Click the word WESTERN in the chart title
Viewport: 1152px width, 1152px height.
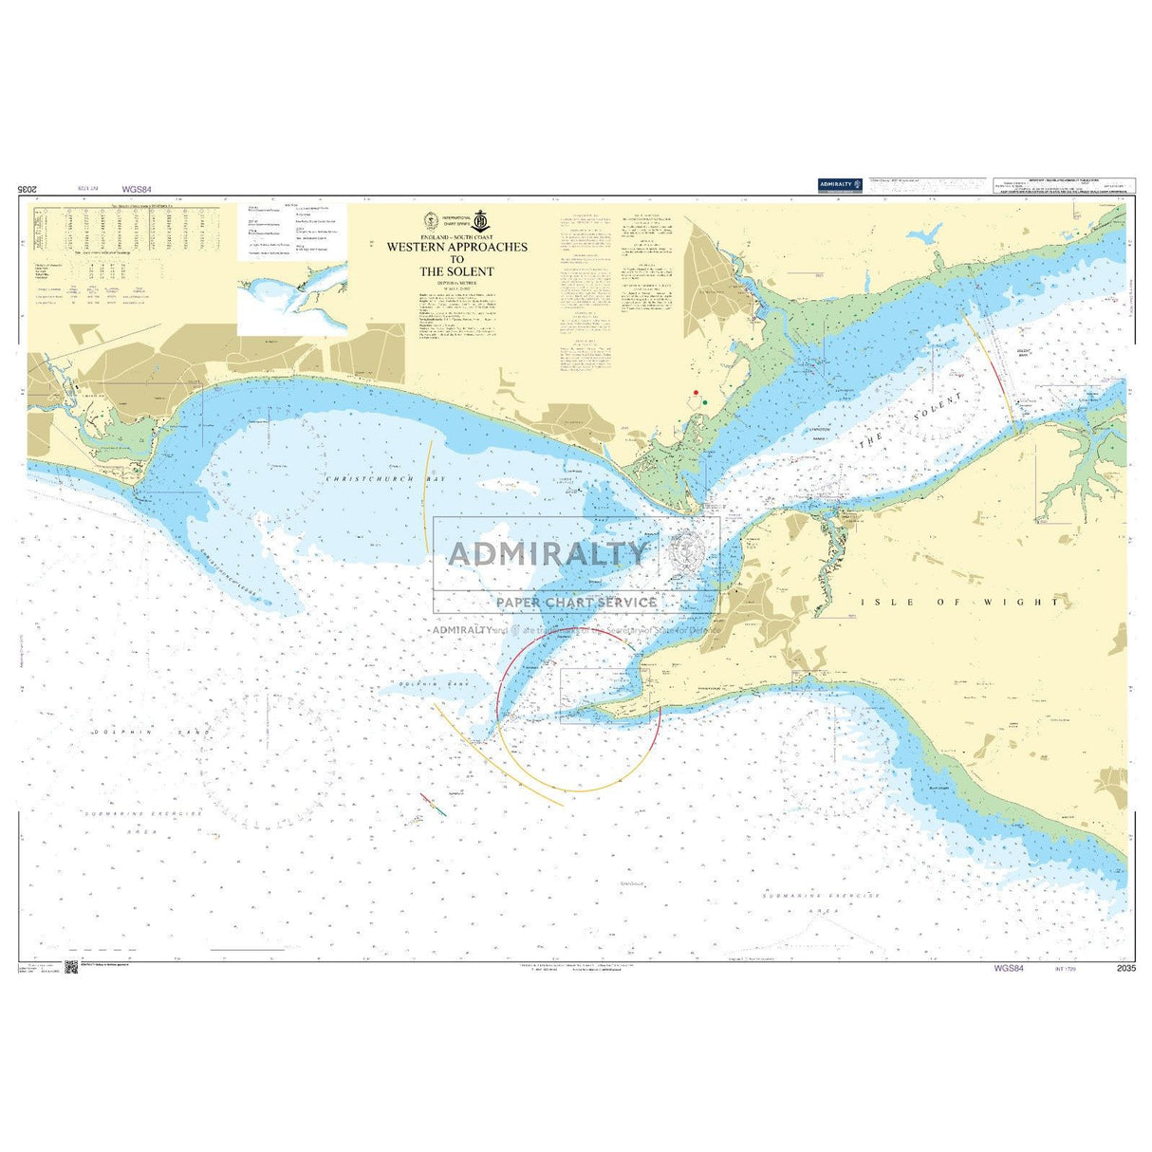click(418, 247)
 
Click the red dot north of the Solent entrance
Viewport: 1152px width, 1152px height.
click(696, 392)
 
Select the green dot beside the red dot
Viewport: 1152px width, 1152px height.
click(704, 403)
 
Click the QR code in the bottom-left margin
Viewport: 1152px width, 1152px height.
click(71, 968)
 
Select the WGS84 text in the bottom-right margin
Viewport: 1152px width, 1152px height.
click(1008, 968)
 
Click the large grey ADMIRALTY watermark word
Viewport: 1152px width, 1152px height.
click(548, 553)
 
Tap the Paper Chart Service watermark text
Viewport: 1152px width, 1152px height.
click(576, 602)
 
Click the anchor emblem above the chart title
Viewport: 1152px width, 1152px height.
click(481, 221)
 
